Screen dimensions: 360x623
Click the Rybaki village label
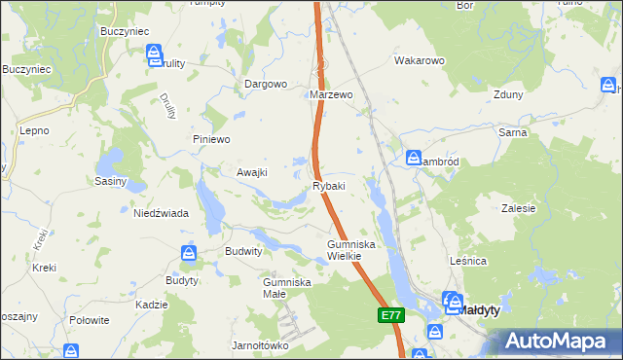point(328,186)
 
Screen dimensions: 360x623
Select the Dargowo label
point(265,84)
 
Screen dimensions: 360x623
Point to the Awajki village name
point(251,172)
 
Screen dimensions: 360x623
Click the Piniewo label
point(210,139)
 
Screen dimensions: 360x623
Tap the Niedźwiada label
point(161,213)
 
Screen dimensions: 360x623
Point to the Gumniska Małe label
point(286,288)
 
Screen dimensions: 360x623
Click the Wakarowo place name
point(419,60)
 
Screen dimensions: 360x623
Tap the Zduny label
point(508,95)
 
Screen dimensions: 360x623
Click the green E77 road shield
point(390,315)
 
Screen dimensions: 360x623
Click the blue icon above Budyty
point(189,253)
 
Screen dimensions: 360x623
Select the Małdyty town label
point(480,309)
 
